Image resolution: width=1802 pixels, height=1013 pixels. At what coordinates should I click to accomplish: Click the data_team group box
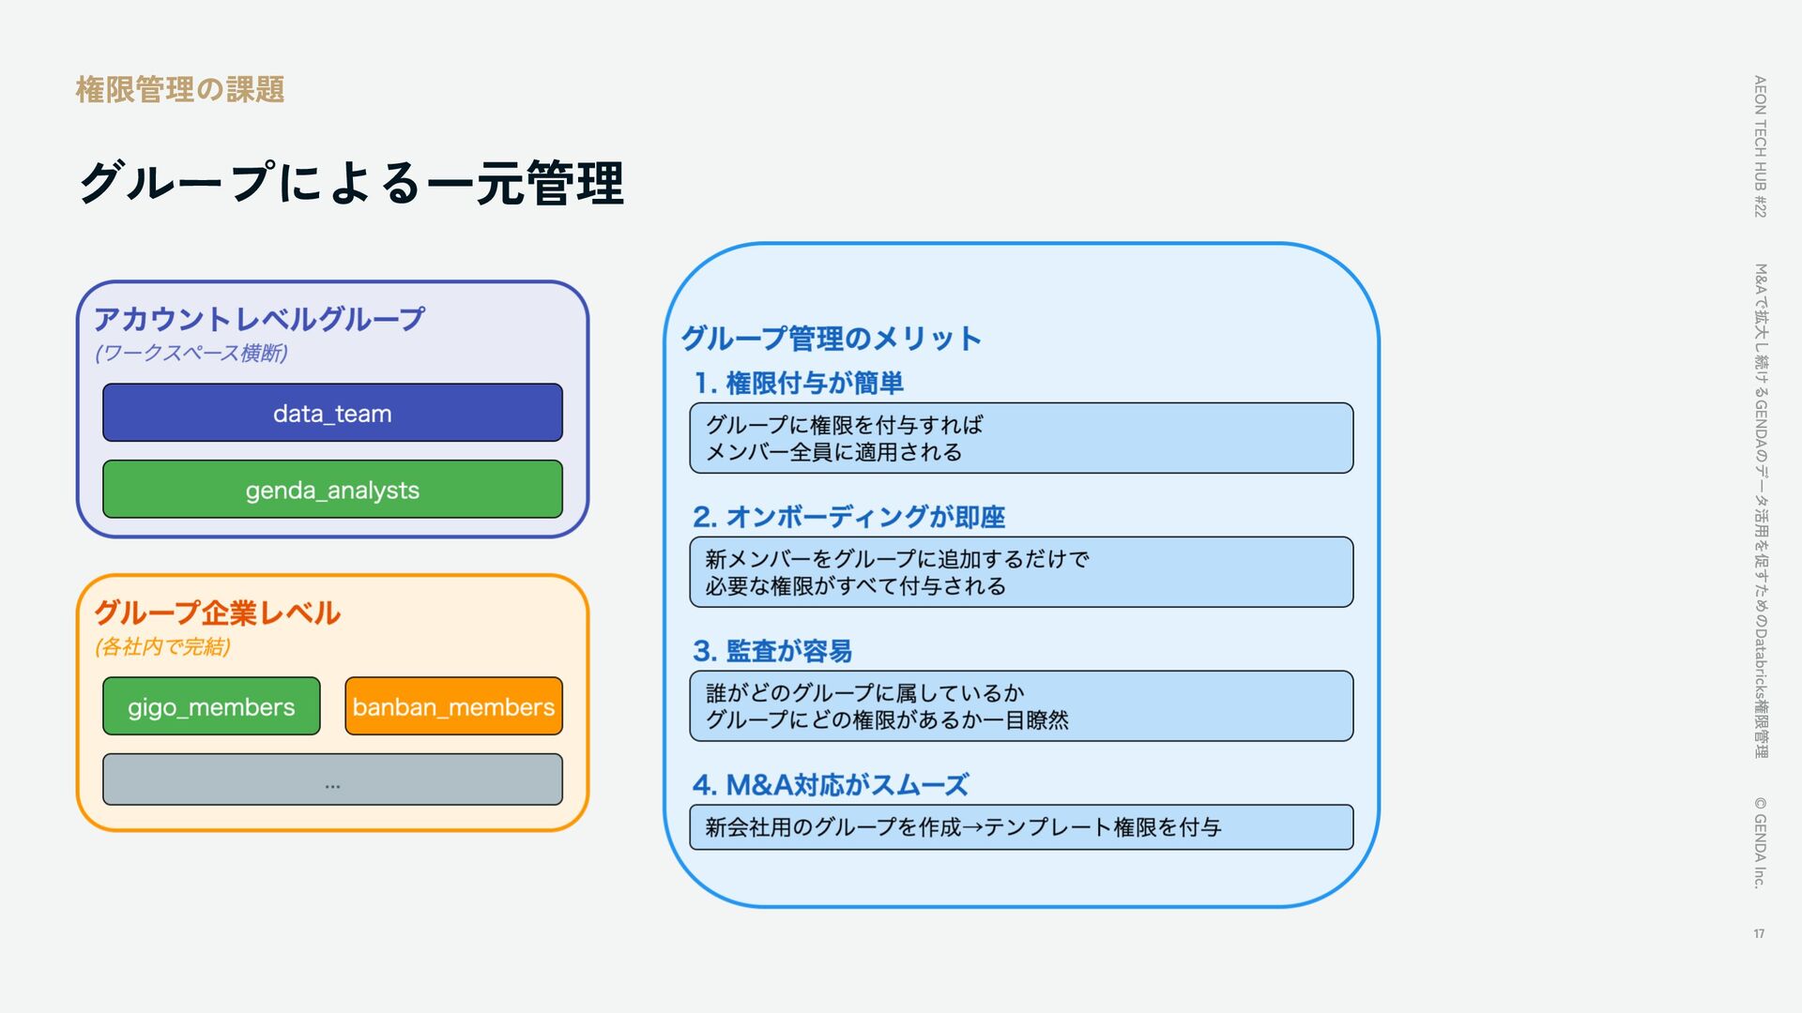(x=332, y=413)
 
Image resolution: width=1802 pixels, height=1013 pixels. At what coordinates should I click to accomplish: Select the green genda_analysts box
(x=332, y=490)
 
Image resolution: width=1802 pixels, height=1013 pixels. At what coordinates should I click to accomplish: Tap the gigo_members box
(x=211, y=706)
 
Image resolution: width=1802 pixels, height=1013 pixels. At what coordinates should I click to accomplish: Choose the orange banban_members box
(x=453, y=706)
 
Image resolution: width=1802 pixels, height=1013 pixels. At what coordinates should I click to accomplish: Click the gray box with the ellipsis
(x=332, y=779)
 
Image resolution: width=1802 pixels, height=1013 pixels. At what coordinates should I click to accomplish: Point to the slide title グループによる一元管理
(x=351, y=182)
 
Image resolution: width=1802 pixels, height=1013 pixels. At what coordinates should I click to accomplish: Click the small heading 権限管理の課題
(x=179, y=90)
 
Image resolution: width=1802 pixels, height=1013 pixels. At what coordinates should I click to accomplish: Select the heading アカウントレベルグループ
(x=259, y=319)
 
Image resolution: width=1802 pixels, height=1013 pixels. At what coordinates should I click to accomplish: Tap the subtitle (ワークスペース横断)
(x=191, y=354)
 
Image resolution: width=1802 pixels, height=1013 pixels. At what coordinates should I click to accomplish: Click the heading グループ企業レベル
(x=217, y=612)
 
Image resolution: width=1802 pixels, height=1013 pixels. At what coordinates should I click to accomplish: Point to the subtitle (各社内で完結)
(x=162, y=646)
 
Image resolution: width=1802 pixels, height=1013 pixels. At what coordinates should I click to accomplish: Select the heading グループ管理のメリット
(x=831, y=338)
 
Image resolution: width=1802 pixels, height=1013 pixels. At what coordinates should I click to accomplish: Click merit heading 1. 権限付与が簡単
(x=799, y=383)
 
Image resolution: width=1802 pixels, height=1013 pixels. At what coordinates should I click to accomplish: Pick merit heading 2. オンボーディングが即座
(x=848, y=517)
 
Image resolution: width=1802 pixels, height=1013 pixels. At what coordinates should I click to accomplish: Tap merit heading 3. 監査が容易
(x=772, y=651)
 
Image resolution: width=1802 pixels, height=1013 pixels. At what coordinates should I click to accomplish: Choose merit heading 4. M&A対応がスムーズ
(x=831, y=784)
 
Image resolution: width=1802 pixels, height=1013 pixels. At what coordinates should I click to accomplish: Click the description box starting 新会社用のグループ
(x=1021, y=827)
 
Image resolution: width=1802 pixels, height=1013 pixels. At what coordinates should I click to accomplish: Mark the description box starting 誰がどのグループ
(x=1021, y=706)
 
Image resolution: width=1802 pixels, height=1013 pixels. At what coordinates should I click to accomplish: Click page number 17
(x=1759, y=933)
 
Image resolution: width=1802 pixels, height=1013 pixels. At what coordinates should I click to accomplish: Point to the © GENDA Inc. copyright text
(x=1760, y=842)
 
